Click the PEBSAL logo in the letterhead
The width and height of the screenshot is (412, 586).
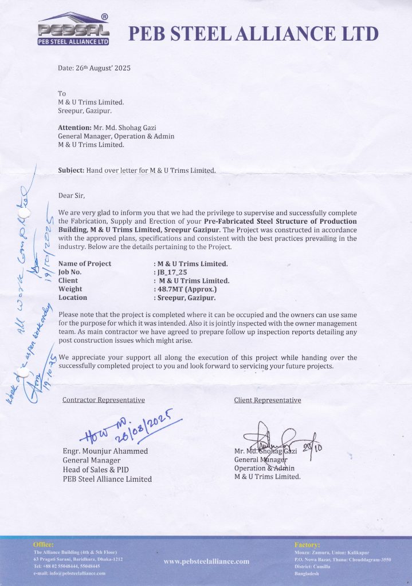point(73,29)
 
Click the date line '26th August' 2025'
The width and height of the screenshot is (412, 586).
point(95,68)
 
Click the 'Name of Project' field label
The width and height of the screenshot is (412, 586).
point(85,264)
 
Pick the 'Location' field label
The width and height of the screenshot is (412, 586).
point(73,298)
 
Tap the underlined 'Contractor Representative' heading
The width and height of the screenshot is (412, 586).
point(103,400)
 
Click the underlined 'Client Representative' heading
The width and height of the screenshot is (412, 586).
point(267,400)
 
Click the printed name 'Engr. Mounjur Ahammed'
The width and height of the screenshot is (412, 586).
point(105,451)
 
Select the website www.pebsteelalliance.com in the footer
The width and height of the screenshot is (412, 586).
point(206,561)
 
